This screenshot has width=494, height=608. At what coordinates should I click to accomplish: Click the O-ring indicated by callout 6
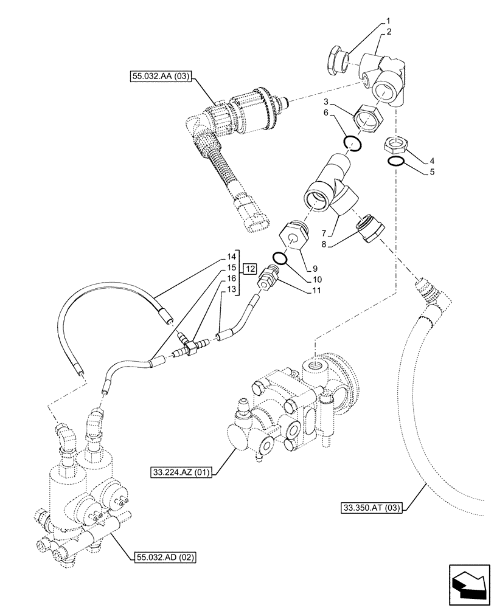(353, 143)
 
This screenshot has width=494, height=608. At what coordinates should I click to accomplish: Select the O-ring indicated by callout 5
(396, 161)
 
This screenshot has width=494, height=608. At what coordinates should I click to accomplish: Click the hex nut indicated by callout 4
(395, 146)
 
